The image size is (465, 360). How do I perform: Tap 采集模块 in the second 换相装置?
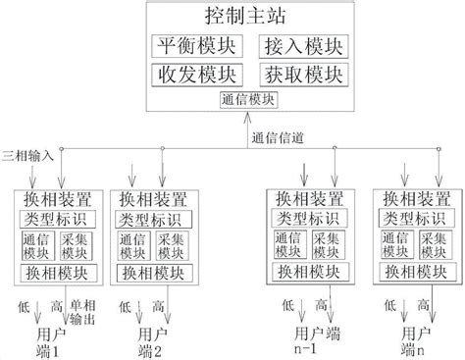click(x=169, y=245)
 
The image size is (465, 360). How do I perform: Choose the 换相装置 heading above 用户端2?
click(x=152, y=198)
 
